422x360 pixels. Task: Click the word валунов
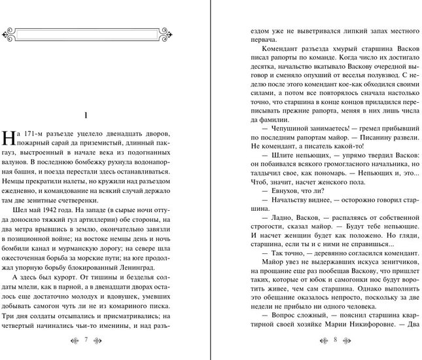16,164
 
